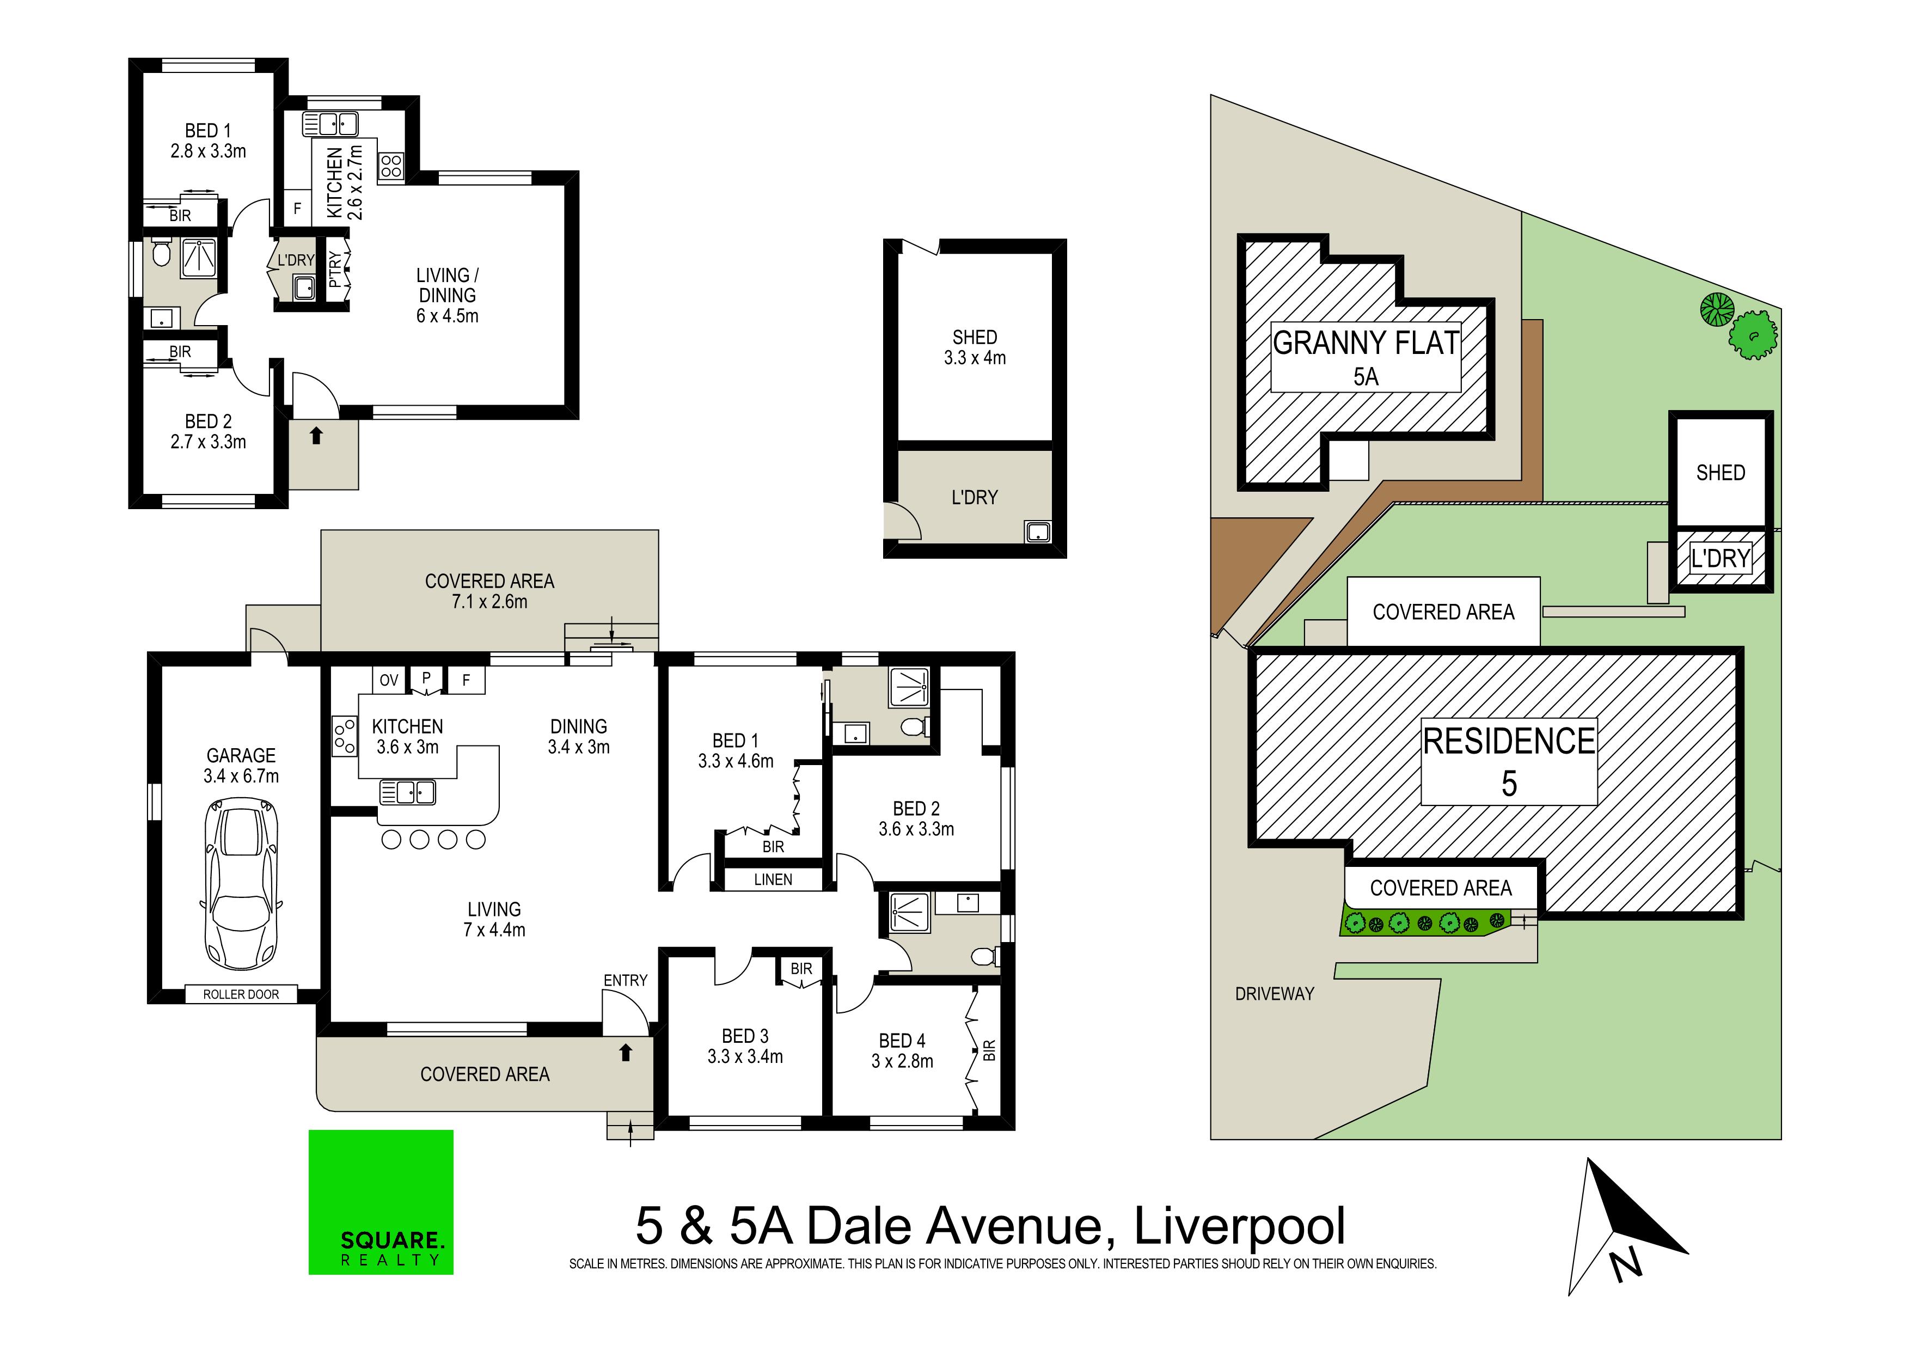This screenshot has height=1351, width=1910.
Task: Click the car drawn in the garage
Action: [x=241, y=883]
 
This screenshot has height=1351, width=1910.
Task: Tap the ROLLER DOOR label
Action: [x=241, y=994]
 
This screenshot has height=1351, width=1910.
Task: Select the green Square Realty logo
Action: [x=381, y=1202]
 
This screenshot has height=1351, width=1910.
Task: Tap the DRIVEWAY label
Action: [x=1275, y=994]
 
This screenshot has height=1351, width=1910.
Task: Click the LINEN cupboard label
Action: [x=773, y=879]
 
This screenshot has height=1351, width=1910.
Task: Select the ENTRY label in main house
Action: [x=626, y=981]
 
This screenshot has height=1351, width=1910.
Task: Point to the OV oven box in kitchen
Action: [x=389, y=681]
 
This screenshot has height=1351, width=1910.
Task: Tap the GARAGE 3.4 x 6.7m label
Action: [x=241, y=765]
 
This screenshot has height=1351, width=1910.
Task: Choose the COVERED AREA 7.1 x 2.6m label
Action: [x=489, y=591]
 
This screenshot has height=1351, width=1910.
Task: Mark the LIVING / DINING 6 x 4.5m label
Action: [x=448, y=295]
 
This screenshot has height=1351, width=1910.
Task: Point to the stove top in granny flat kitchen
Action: [x=391, y=166]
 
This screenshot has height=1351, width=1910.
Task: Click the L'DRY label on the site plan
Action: [x=1721, y=558]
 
